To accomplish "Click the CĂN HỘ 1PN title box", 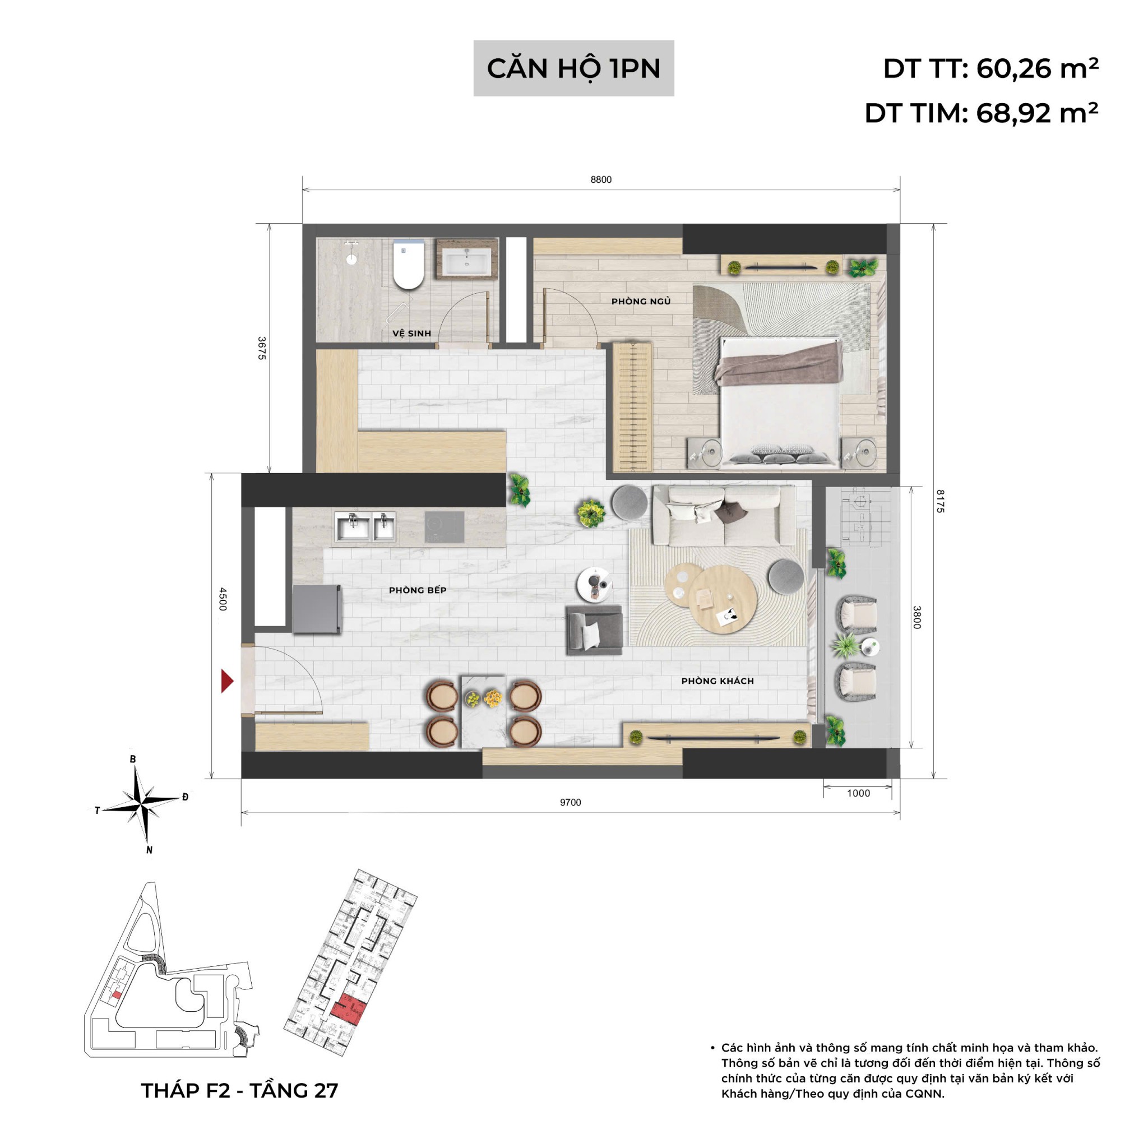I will coord(573,68).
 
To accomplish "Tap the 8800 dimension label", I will coord(601,179).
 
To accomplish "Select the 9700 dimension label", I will coord(570,802).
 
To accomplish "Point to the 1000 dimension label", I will coord(858,793).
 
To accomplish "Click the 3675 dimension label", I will coord(262,348).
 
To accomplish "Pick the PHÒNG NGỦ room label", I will coord(641,301).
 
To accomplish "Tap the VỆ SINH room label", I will coord(411,334).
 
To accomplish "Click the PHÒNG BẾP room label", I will coord(417,590).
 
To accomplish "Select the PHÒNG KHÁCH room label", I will coord(717,681).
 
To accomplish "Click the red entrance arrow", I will coord(226,681).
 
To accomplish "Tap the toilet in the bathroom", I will coord(408,265).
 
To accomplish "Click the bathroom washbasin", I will coord(467,261).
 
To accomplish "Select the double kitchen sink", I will coord(365,526).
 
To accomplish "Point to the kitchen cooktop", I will coord(444,526).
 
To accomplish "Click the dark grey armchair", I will coord(594,630).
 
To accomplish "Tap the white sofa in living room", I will coord(723,515).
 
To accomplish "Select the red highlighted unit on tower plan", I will coord(348,1010).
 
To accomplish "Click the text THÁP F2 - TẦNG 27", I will coord(239,1090).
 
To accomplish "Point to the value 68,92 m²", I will coord(1036,112).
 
